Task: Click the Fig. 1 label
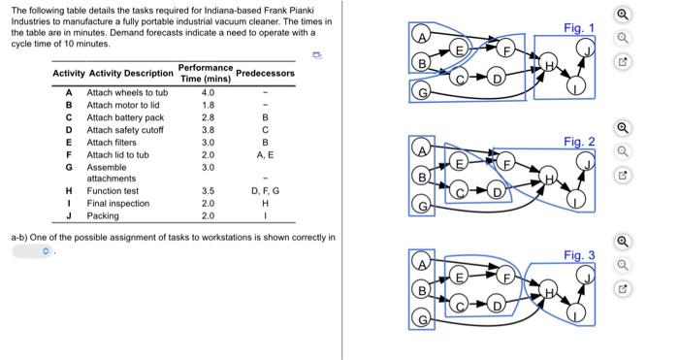pos(578,28)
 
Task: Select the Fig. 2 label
pos(578,142)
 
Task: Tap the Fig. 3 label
pos(578,255)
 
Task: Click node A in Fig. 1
pos(421,36)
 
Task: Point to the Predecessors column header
pos(265,73)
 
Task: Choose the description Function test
pos(112,191)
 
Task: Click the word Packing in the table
pos(103,215)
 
